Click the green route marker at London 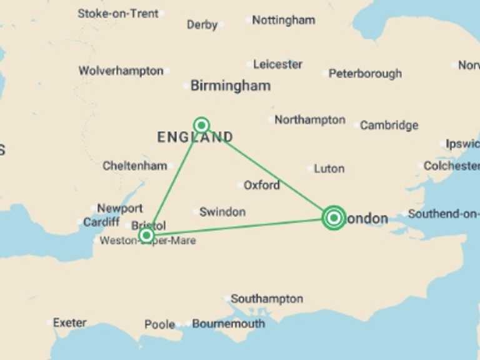[x=334, y=217]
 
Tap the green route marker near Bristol [x=146, y=235]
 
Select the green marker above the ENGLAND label [x=201, y=124]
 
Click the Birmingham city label [x=230, y=86]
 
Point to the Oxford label [x=261, y=185]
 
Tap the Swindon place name [x=222, y=212]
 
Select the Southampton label [x=267, y=299]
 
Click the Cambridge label [x=389, y=125]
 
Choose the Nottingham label [x=283, y=20]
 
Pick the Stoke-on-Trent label [x=117, y=13]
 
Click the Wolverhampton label [x=121, y=71]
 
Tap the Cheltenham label [x=135, y=166]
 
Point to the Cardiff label [x=101, y=222]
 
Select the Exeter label [x=69, y=322]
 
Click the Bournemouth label [x=228, y=324]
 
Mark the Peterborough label [x=365, y=73]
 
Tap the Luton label [x=329, y=168]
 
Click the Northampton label [x=309, y=119]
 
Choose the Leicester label [x=277, y=64]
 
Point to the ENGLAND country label [x=195, y=137]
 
